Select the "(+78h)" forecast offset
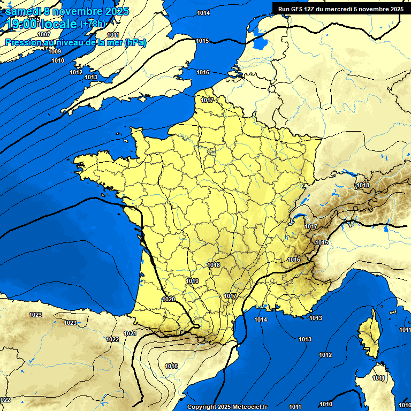(93, 24)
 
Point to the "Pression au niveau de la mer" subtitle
(75, 42)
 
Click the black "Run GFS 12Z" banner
(341, 9)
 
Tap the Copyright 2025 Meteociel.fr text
(227, 407)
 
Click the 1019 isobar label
(192, 281)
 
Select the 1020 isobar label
(168, 299)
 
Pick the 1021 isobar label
(130, 333)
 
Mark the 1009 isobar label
(55, 51)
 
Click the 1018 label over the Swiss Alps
(363, 185)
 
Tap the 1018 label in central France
(214, 265)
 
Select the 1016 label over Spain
(171, 366)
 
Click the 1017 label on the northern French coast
(207, 100)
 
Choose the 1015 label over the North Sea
(202, 41)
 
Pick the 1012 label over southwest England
(76, 72)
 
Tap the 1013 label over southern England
(91, 77)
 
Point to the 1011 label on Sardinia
(379, 378)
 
